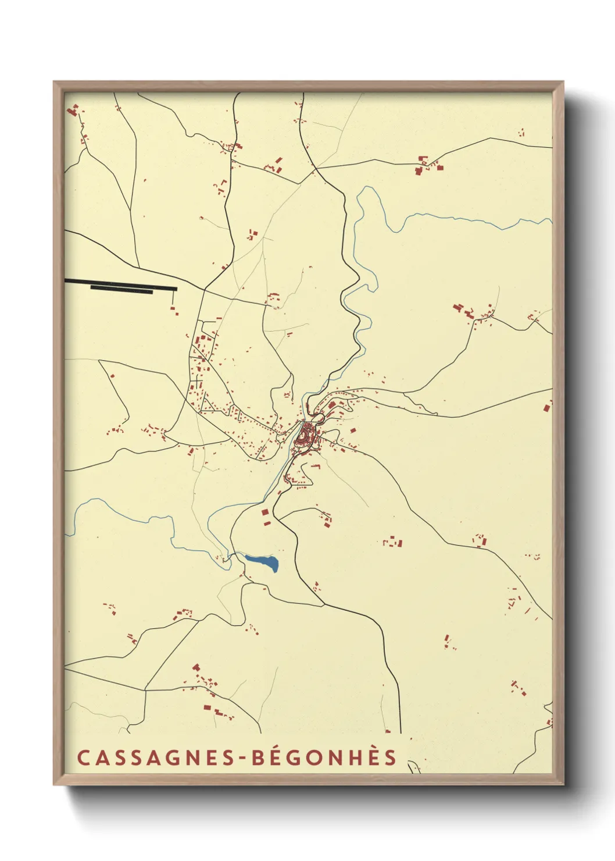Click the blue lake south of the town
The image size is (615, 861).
pos(263,561)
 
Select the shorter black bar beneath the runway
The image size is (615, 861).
pos(121,291)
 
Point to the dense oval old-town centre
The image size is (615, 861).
pos(305,435)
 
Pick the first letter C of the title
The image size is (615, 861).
pos(83,758)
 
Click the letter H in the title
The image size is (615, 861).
pos(351,758)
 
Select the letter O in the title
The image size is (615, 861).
pos(310,758)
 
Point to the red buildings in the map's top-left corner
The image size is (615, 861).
pos(73,109)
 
